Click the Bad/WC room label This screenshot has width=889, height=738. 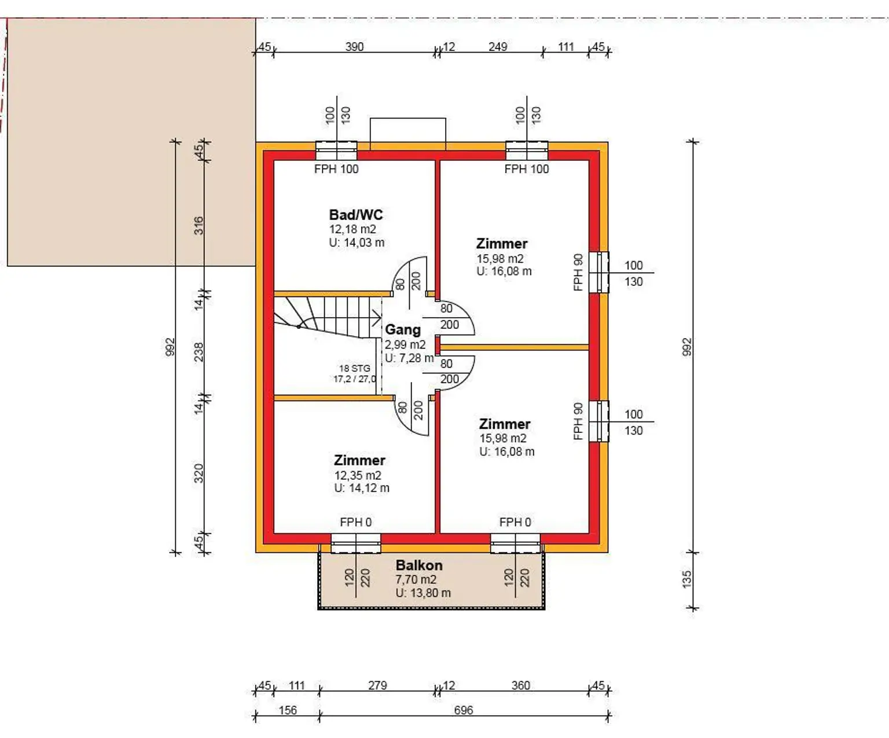click(356, 215)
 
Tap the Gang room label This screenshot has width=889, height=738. click(403, 330)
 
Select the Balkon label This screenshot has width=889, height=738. click(419, 566)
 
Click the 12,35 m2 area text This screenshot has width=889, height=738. click(358, 475)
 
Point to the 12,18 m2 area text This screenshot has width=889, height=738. click(352, 230)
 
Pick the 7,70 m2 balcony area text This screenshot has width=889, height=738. click(416, 579)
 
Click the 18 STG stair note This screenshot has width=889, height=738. click(355, 368)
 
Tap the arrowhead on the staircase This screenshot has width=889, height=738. click(377, 317)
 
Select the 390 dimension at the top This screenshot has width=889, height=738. click(354, 46)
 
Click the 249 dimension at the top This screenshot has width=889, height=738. click(498, 46)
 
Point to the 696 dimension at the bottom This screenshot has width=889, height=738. click(463, 710)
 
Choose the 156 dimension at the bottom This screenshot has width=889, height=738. click(288, 710)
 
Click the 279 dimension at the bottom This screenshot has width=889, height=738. click(377, 686)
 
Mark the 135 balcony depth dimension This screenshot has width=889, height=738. click(687, 579)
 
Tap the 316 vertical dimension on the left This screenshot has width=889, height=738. click(199, 226)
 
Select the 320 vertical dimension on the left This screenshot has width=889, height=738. click(199, 473)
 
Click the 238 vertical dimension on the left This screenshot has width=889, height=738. click(199, 352)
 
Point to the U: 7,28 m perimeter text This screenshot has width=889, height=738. click(409, 358)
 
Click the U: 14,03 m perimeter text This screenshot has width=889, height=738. click(357, 243)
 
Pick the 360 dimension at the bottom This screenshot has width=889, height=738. click(520, 686)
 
